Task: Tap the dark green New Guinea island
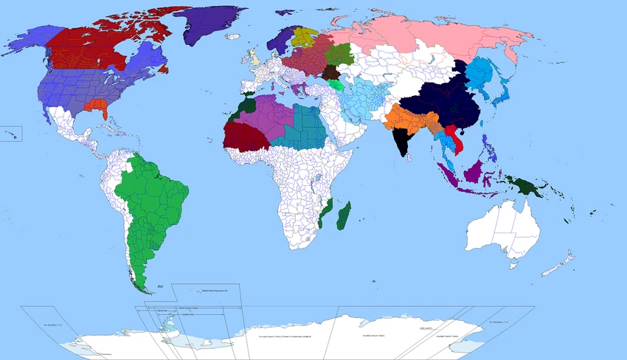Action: point(529,187)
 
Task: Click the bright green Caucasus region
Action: point(336,86)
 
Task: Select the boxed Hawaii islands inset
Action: point(10,134)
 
